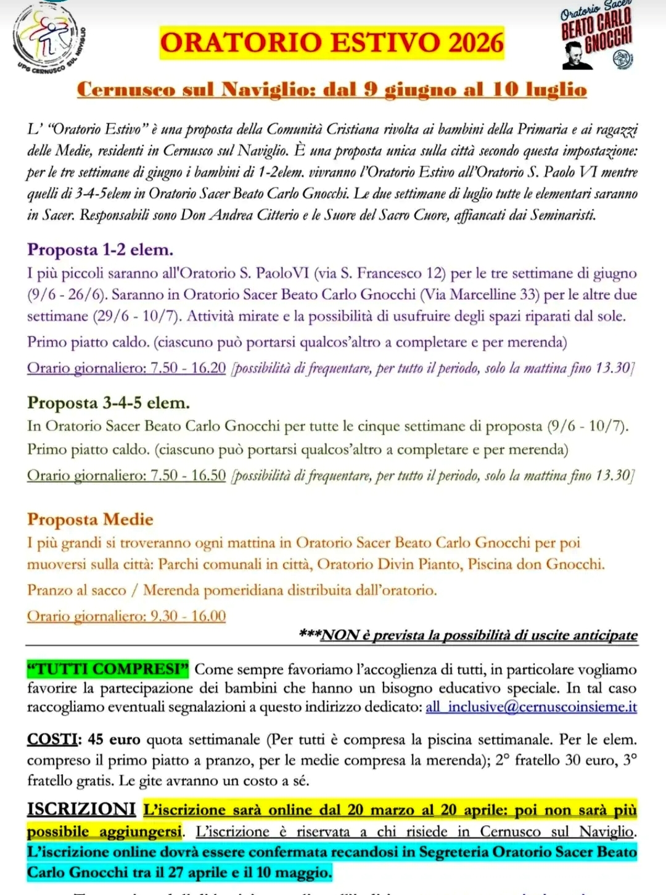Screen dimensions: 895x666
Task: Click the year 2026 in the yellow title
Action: click(475, 43)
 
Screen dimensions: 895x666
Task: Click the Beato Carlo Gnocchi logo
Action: click(596, 37)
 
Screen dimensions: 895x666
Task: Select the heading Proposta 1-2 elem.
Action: click(100, 250)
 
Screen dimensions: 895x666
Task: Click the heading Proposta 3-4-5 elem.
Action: click(108, 403)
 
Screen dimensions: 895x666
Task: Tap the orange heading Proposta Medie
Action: click(90, 519)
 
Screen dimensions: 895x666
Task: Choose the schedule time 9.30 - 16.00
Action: click(188, 616)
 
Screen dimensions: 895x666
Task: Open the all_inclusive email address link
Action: click(531, 707)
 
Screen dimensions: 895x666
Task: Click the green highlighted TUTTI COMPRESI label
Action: click(108, 669)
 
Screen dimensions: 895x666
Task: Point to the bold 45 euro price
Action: click(114, 740)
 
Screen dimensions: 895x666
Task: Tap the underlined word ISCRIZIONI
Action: click(81, 809)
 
